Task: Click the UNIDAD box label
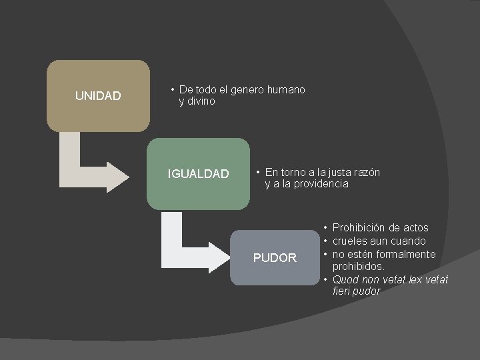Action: tap(98, 96)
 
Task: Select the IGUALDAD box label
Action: tap(198, 174)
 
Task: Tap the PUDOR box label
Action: tap(275, 257)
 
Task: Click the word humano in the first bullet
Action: tap(286, 89)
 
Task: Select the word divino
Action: tap(201, 101)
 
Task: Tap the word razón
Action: tap(364, 172)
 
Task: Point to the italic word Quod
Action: tap(345, 279)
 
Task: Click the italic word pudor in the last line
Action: tap(367, 291)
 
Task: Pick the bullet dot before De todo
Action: tap(172, 89)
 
